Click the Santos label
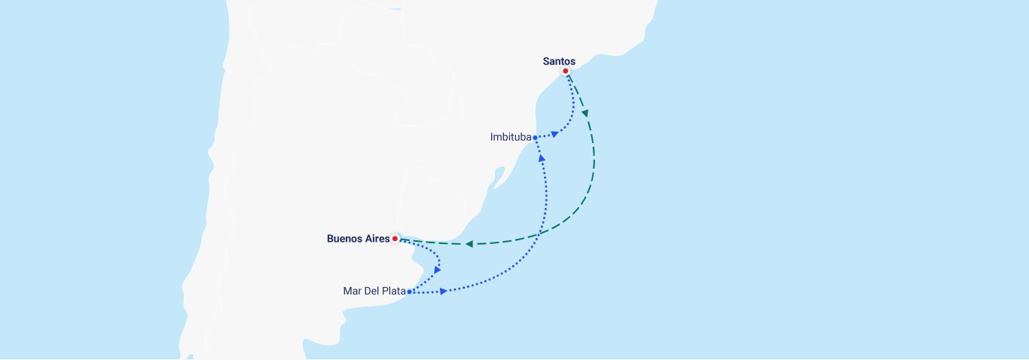click(559, 62)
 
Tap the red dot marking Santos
click(565, 72)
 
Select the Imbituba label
click(510, 137)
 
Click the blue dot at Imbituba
click(535, 138)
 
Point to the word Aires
click(377, 239)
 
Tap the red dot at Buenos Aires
click(395, 239)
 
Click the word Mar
click(352, 291)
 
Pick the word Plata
click(393, 291)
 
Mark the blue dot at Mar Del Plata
click(409, 291)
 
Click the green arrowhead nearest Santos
click(585, 114)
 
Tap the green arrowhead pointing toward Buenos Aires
click(469, 244)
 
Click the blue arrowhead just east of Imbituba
click(554, 135)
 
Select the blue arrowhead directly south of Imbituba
click(542, 157)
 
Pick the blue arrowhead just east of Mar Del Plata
click(444, 291)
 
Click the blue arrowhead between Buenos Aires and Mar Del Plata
click(437, 270)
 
